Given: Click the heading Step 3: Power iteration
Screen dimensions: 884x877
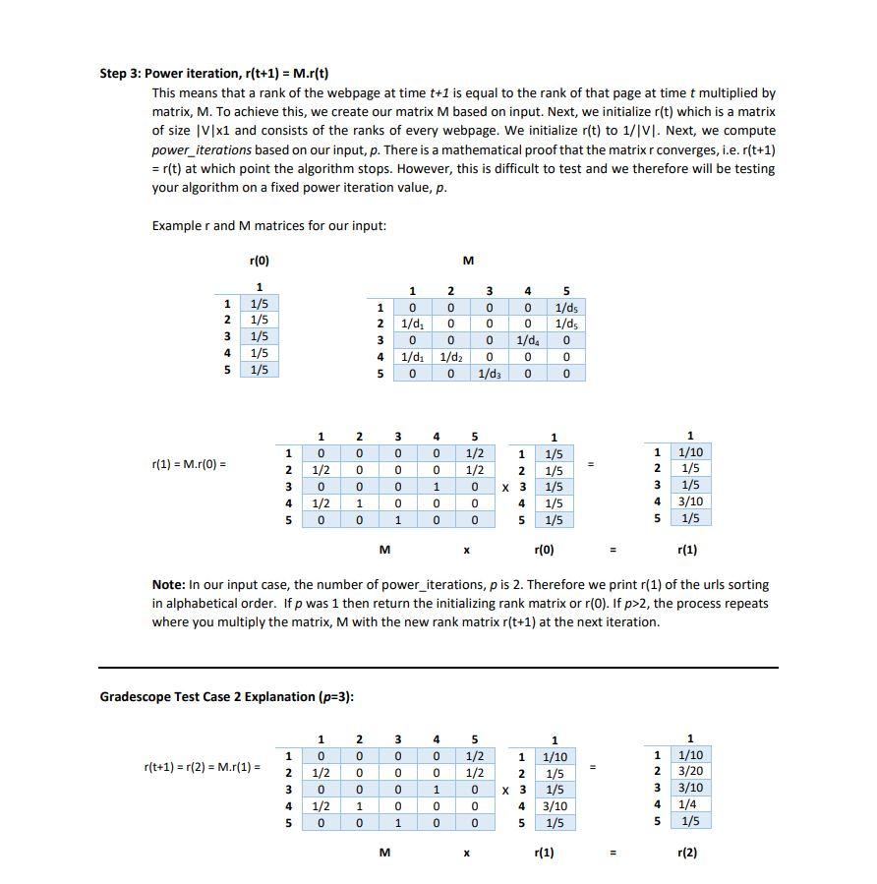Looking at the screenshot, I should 214,73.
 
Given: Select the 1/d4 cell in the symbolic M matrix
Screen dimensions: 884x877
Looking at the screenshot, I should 527,340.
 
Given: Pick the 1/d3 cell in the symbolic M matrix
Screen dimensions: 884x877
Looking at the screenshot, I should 489,374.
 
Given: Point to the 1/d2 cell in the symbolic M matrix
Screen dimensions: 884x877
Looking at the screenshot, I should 450,357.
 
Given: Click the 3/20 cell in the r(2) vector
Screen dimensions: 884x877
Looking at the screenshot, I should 690,772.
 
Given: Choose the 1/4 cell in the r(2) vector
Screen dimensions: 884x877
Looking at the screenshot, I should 690,804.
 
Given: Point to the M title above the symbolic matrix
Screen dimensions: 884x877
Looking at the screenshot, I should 468,261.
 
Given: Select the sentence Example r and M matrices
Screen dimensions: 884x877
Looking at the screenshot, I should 268,225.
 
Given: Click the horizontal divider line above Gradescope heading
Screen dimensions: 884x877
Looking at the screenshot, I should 438,668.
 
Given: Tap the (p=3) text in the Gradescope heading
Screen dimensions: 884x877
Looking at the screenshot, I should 335,696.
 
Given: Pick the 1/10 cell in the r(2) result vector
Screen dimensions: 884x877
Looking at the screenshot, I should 690,755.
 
